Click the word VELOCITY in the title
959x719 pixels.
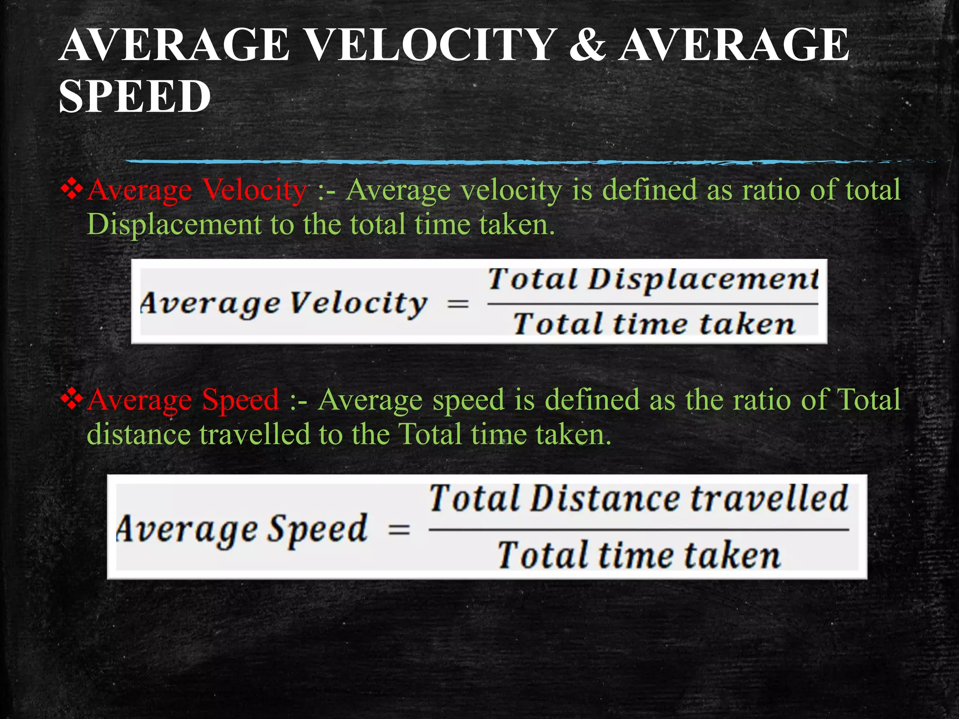coord(431,45)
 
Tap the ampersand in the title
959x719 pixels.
coord(588,45)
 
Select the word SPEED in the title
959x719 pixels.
coord(135,96)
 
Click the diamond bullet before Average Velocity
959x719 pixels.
coord(72,190)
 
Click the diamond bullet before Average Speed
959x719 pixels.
coord(72,399)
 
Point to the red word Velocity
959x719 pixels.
coord(255,191)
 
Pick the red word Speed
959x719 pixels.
coord(240,401)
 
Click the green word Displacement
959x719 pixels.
coord(174,225)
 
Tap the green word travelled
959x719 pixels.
coord(255,434)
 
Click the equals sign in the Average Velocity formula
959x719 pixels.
coord(457,304)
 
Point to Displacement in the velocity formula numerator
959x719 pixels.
coord(702,280)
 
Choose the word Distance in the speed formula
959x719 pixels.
coord(605,499)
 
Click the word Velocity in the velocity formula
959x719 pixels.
coord(358,304)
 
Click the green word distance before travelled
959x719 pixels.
coord(138,434)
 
